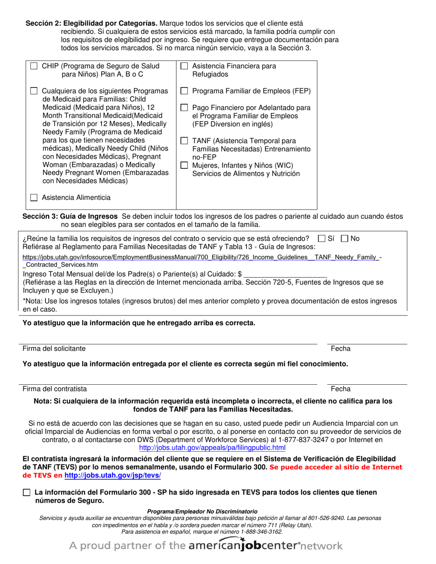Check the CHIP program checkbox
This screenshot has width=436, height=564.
[x=34, y=66]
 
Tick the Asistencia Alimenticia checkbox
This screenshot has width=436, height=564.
[x=34, y=198]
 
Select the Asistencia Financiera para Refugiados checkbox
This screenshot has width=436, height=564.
[x=184, y=66]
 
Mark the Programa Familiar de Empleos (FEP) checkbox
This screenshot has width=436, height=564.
[x=184, y=91]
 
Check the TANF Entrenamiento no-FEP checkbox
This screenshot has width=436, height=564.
[x=184, y=141]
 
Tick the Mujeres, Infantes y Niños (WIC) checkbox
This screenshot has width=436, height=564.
[x=184, y=165]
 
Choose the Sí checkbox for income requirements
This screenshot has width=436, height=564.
[x=322, y=238]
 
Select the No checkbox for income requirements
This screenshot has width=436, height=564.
[x=345, y=238]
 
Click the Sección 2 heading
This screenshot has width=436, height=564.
[x=91, y=23]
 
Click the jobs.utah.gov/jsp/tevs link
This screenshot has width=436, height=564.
[x=112, y=476]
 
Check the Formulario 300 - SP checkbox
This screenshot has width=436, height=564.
[x=27, y=492]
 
